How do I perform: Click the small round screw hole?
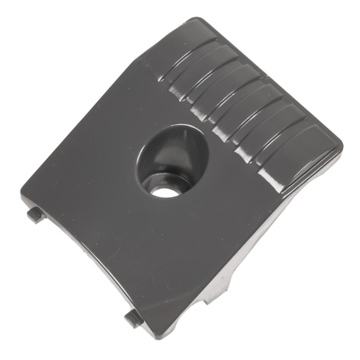pyautogui.click(x=162, y=191)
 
